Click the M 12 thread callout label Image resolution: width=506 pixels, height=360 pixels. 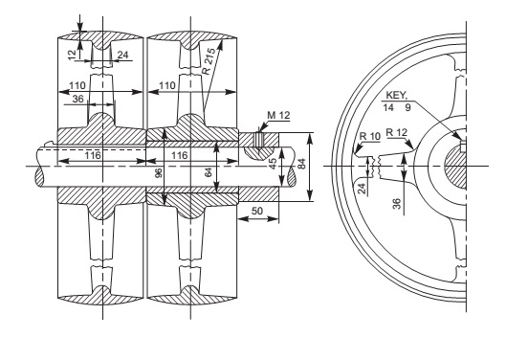point(278,115)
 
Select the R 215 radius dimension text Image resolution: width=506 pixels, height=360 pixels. point(209,61)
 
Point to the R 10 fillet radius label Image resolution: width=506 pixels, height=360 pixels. point(370,136)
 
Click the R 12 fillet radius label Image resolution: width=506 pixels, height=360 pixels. point(397,132)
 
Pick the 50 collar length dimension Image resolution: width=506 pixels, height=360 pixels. point(257,211)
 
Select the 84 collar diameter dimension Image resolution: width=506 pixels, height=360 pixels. point(301,164)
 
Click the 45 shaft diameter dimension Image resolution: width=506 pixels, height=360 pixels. point(273,164)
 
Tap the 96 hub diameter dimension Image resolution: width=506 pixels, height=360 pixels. point(159,173)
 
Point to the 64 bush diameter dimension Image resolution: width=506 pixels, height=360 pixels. point(209,172)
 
